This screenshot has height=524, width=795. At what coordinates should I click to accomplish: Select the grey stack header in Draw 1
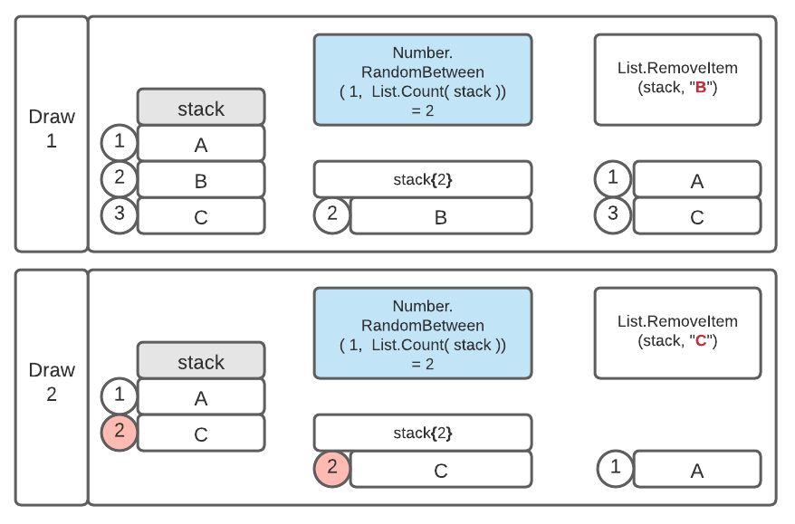(201, 107)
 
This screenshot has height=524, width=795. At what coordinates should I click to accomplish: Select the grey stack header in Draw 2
(201, 360)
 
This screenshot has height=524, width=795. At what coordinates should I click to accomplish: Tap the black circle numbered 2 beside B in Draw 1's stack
(120, 179)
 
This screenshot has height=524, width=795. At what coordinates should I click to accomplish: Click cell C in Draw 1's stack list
(201, 216)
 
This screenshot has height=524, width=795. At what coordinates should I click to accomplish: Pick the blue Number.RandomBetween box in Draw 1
(422, 80)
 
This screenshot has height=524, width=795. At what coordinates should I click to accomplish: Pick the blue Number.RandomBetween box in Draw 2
(422, 333)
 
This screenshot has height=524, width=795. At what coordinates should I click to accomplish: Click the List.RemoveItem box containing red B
(677, 80)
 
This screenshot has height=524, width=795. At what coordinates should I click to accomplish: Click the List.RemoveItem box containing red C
(677, 333)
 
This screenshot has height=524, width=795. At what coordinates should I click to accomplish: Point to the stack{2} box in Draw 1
(422, 179)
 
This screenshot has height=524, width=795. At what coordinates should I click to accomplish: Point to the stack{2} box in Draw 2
(422, 433)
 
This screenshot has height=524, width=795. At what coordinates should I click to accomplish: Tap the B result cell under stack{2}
(441, 216)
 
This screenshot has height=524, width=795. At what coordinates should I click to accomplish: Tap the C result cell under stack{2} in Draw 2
(441, 470)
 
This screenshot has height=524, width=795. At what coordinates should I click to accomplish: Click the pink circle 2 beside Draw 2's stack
(120, 433)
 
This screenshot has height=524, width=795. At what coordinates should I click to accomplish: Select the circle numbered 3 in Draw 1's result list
(614, 215)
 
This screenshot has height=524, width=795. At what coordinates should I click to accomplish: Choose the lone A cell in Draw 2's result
(696, 470)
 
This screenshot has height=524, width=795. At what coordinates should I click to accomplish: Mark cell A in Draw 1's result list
(696, 180)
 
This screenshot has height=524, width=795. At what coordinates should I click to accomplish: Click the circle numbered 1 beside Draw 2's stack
(120, 396)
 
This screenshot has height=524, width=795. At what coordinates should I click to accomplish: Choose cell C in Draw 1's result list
(696, 216)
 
